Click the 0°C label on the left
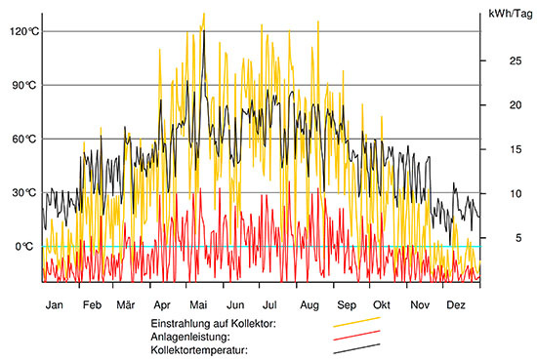click(21, 246)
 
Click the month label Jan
click(56, 304)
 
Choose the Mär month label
click(125, 304)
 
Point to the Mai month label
click(198, 304)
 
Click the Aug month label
click(309, 304)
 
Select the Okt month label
click(382, 304)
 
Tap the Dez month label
click(455, 304)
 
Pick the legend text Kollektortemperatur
click(200, 350)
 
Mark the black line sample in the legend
click(355, 348)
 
